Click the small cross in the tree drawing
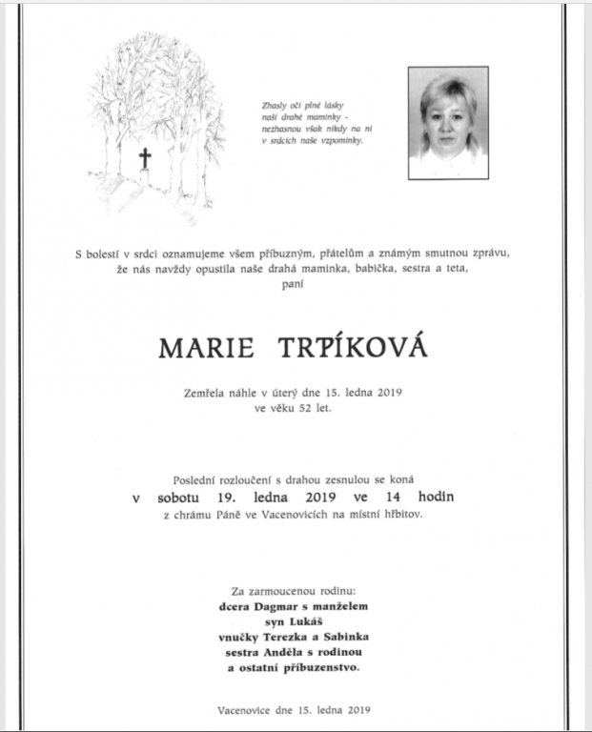pyautogui.click(x=145, y=158)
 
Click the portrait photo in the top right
pyautogui.click(x=448, y=122)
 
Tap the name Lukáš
pyautogui.click(x=312, y=620)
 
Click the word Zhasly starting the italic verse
pyautogui.click(x=276, y=106)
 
